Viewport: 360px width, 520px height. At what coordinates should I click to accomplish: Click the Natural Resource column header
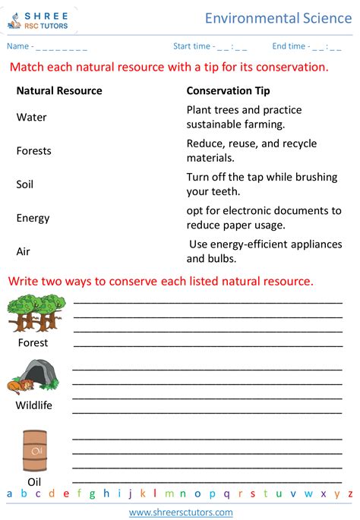tap(59, 91)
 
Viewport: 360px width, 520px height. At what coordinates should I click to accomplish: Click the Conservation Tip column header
tap(228, 91)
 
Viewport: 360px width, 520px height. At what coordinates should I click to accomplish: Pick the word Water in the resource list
tap(31, 118)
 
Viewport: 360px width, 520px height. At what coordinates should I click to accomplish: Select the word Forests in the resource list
tap(34, 151)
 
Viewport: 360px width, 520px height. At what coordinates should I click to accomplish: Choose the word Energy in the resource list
tap(33, 218)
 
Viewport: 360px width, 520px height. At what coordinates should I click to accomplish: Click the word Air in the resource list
tap(24, 251)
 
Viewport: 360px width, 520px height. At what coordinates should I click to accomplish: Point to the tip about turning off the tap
tap(262, 184)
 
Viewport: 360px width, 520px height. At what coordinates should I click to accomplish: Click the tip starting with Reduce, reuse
tap(251, 150)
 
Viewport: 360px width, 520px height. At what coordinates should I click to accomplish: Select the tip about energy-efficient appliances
tap(265, 251)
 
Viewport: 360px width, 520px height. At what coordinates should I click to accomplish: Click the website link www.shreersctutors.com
tap(179, 512)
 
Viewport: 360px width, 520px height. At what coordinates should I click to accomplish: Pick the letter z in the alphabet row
tap(350, 494)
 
